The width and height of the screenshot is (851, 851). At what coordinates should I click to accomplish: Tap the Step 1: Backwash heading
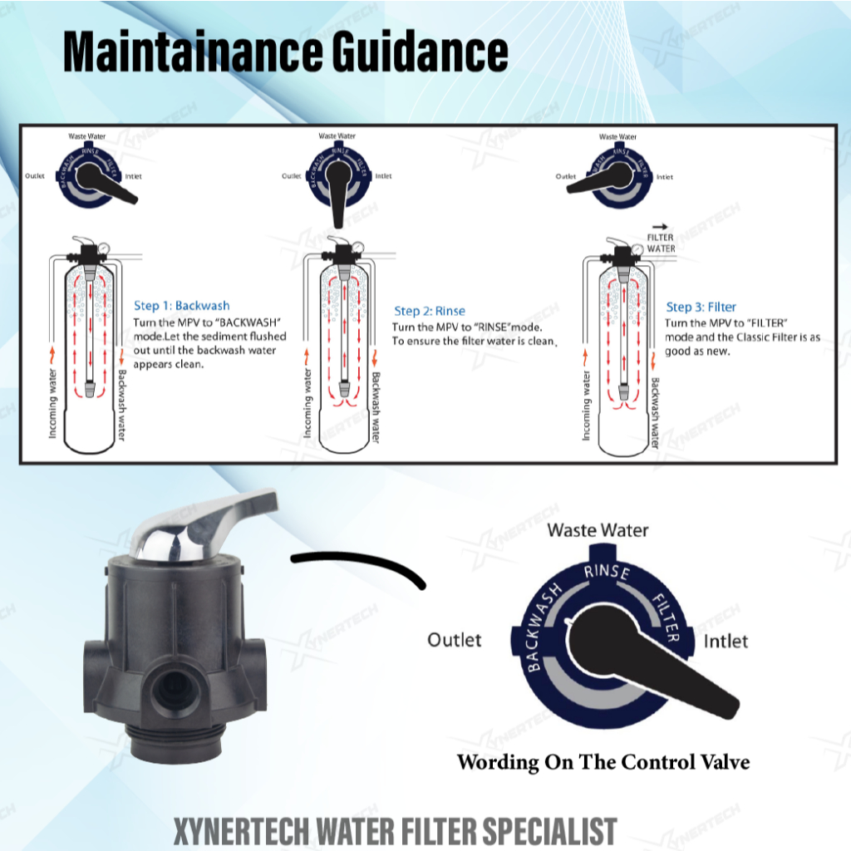(x=182, y=306)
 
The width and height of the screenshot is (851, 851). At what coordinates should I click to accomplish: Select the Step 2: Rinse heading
(x=430, y=311)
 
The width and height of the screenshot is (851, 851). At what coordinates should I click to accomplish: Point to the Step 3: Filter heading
(x=701, y=307)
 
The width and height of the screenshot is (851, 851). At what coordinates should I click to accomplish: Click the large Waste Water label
(x=598, y=529)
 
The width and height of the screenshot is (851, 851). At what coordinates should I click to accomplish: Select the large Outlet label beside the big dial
(x=454, y=639)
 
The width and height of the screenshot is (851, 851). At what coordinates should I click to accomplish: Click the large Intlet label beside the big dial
(x=726, y=641)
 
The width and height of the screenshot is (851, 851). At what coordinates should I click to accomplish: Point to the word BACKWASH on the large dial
(x=544, y=627)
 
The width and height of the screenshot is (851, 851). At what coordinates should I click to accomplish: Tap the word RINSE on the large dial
(x=607, y=572)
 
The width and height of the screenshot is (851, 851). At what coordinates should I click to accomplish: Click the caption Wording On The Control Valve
(x=603, y=761)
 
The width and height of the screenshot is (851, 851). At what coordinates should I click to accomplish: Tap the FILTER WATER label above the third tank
(x=661, y=243)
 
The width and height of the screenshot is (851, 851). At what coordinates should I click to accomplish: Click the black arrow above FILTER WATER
(x=661, y=225)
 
